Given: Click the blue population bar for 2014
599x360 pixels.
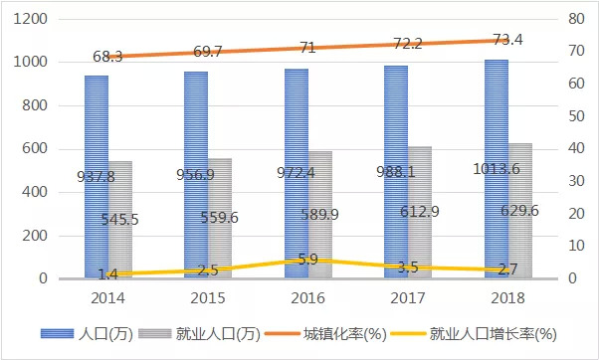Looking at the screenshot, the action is pos(97,177).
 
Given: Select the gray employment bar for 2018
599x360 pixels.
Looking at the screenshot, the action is pos(520,211).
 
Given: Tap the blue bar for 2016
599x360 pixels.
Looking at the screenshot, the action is pos(297,173).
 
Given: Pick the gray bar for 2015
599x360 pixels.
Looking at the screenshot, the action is pos(220,219).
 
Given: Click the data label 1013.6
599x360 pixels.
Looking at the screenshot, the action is pos(497,168).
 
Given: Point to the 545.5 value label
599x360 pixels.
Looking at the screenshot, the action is pos(119,220).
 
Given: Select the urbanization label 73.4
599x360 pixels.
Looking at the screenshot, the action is pos(507,40).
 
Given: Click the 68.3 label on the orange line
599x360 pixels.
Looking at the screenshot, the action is pos(107,57).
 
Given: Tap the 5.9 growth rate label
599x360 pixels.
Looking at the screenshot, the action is pos(307,260).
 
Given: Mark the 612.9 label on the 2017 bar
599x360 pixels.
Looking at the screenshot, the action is pos(420,212).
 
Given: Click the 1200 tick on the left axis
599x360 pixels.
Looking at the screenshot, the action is pos(31,19).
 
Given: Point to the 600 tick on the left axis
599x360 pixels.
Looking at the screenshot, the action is pos(35,148).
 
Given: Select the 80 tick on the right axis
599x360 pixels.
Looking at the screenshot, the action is pos(576,19).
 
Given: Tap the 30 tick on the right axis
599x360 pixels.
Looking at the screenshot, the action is pos(576,181).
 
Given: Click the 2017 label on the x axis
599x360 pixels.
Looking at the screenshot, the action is pos(408,298).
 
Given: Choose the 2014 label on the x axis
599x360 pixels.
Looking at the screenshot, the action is pos(107,298).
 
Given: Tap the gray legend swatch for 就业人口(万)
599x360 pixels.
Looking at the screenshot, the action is pos(155,334).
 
